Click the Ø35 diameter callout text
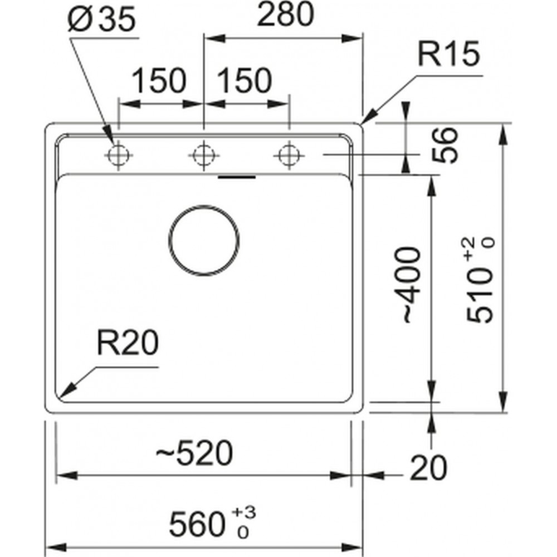tap(101, 19)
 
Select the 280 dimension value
tap(286, 14)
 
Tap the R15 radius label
tap(448, 54)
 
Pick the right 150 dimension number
tap(245, 81)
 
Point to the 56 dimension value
tap(444, 145)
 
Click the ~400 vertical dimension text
tap(413, 285)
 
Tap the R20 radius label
tap(128, 343)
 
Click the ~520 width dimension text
tap(194, 453)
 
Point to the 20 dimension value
tap(429, 468)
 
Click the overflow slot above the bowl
tap(237, 177)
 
